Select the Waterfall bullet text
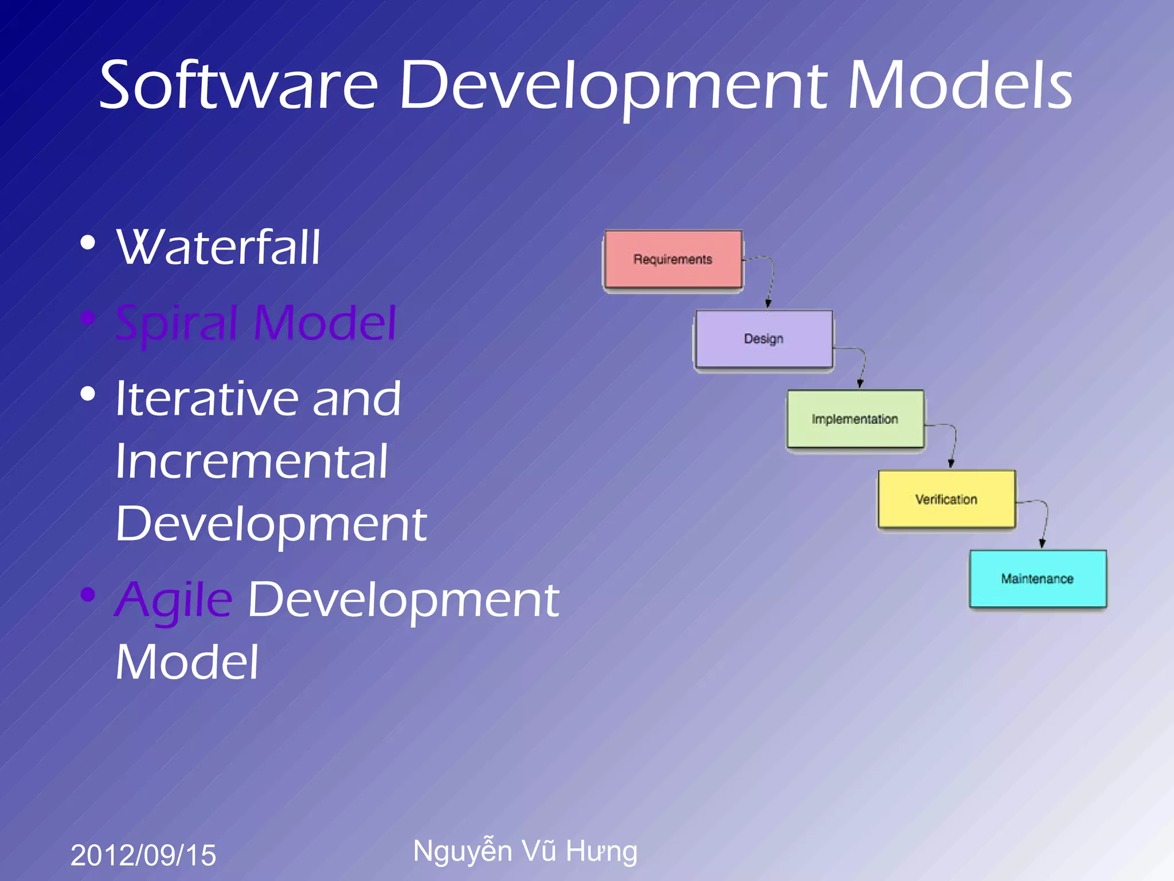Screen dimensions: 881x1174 click(x=218, y=248)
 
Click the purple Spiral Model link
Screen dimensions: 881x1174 click(x=256, y=323)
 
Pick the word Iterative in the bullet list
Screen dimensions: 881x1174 click(x=206, y=399)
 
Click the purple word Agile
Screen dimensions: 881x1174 click(x=174, y=601)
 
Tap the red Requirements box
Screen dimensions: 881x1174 click(x=673, y=259)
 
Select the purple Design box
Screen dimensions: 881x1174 click(x=764, y=339)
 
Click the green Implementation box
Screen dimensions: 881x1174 click(x=855, y=419)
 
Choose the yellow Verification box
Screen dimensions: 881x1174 click(x=946, y=499)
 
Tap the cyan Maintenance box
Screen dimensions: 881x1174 click(x=1038, y=579)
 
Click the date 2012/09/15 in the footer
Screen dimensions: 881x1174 click(x=143, y=855)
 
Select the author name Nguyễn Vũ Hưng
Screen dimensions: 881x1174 click(x=525, y=851)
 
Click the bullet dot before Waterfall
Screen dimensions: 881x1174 click(x=88, y=243)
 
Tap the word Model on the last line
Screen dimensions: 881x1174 click(x=187, y=662)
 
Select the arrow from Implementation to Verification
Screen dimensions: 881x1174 click(x=954, y=442)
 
